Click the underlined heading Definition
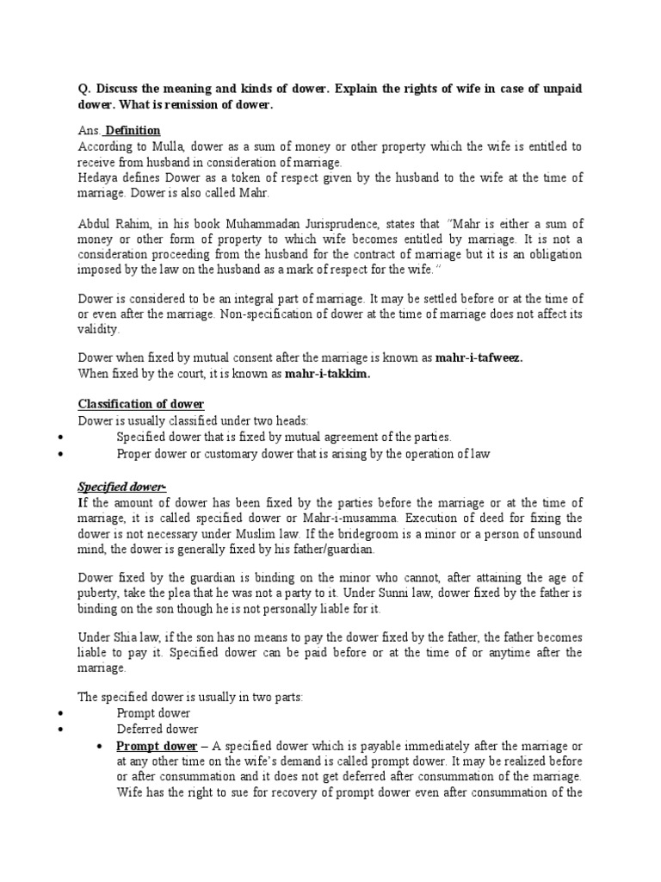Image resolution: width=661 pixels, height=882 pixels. pos(133,130)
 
